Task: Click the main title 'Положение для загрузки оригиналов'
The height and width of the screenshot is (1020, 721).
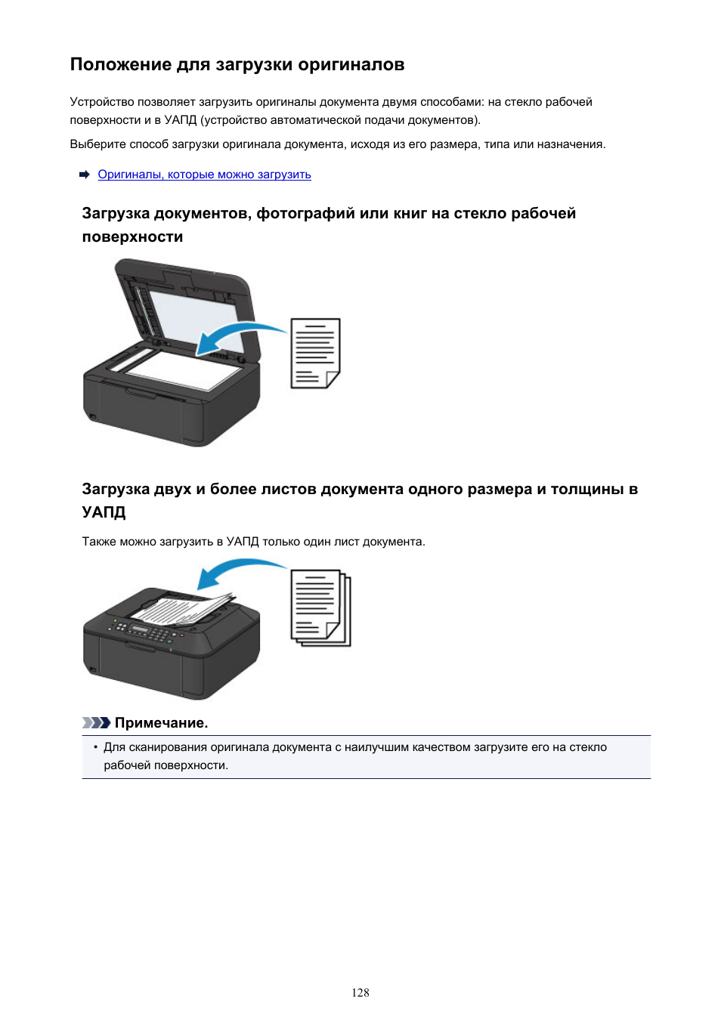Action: point(237,64)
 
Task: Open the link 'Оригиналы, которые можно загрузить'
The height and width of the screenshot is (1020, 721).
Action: point(204,175)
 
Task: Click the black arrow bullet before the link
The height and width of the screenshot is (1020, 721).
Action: point(85,175)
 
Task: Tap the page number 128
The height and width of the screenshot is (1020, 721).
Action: point(360,992)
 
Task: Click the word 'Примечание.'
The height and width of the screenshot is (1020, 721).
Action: point(161,723)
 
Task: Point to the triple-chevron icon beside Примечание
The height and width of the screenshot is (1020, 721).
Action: point(96,723)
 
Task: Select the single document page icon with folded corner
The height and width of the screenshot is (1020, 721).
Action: point(315,354)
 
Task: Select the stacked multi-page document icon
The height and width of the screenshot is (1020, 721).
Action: point(320,608)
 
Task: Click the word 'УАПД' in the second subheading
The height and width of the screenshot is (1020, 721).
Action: point(104,512)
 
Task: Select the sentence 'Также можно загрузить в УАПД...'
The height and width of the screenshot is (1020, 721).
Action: point(253,542)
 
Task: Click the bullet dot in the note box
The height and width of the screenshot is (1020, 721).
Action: point(95,747)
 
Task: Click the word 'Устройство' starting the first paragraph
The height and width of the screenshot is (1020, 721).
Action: point(101,102)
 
